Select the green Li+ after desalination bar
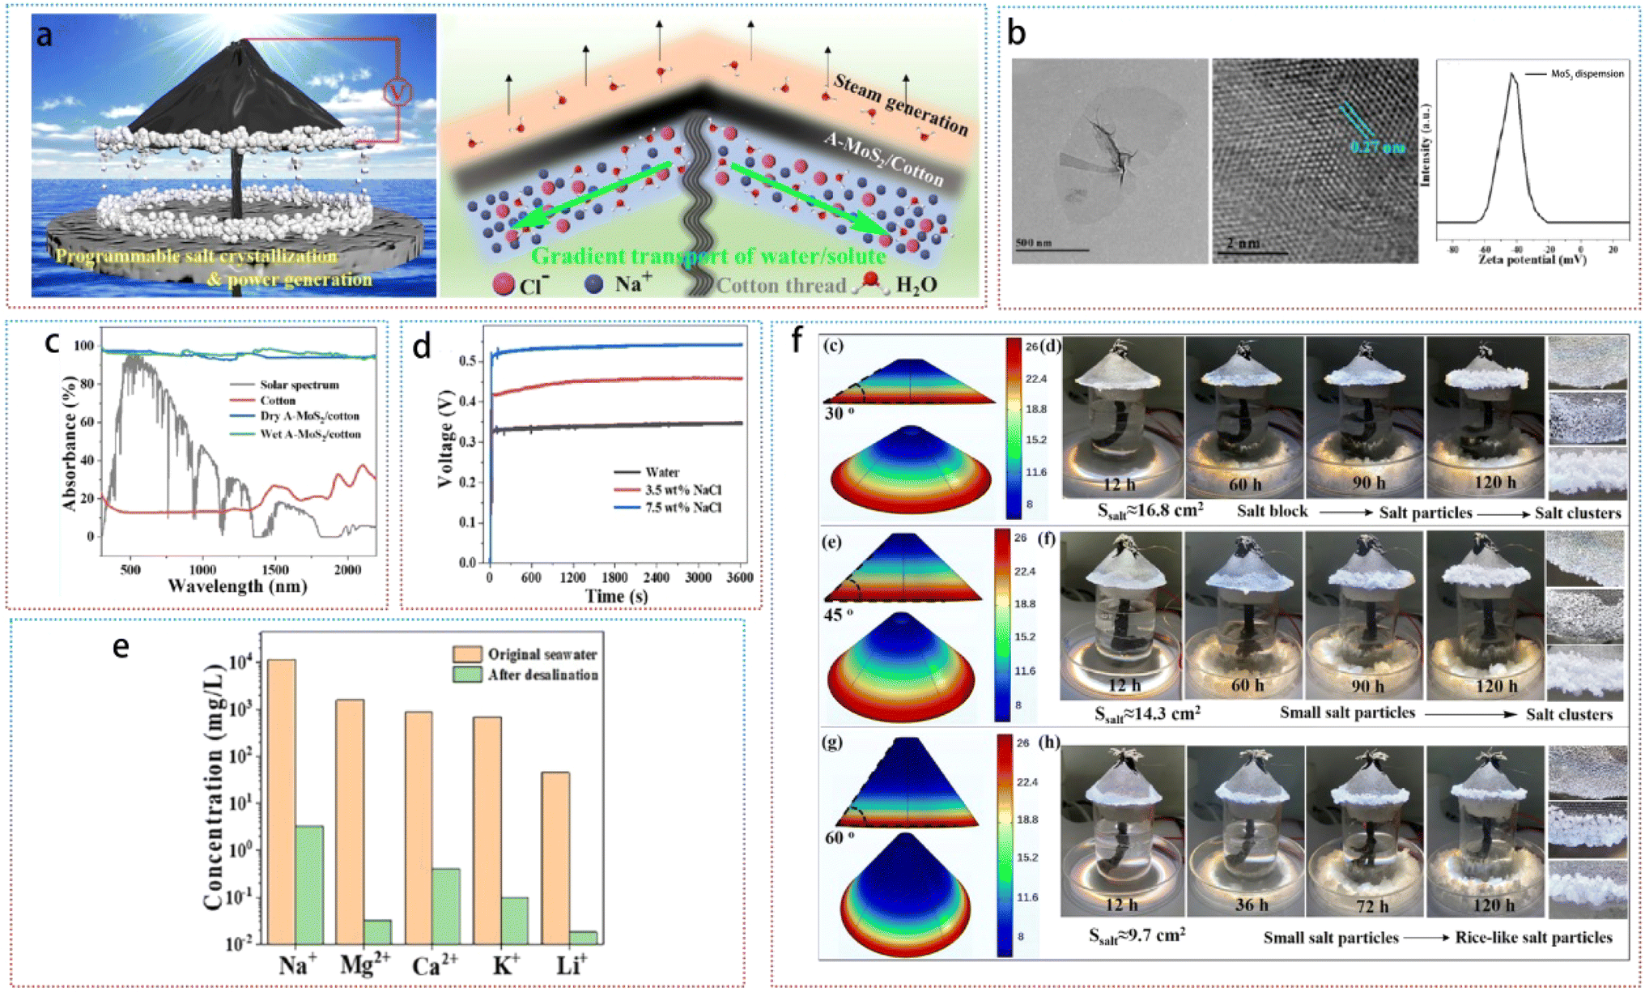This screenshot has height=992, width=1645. [x=583, y=937]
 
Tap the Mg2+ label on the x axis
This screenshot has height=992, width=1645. [x=364, y=964]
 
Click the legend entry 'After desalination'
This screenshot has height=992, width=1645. [x=542, y=675]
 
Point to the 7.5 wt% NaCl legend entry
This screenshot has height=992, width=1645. [x=683, y=508]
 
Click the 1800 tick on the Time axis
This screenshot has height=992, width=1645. [x=614, y=577]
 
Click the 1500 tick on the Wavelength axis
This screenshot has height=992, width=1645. [x=1085, y=569]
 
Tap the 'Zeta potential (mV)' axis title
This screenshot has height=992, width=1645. [x=1532, y=260]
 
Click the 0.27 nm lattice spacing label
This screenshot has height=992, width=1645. [x=1377, y=147]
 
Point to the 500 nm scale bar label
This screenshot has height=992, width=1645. [x=1035, y=242]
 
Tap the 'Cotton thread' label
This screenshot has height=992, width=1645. [x=780, y=285]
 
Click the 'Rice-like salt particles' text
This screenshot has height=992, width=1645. [x=1533, y=937]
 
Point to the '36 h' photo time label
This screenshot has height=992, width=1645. [x=1251, y=904]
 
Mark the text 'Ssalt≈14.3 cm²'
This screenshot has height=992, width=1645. [x=1147, y=713]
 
